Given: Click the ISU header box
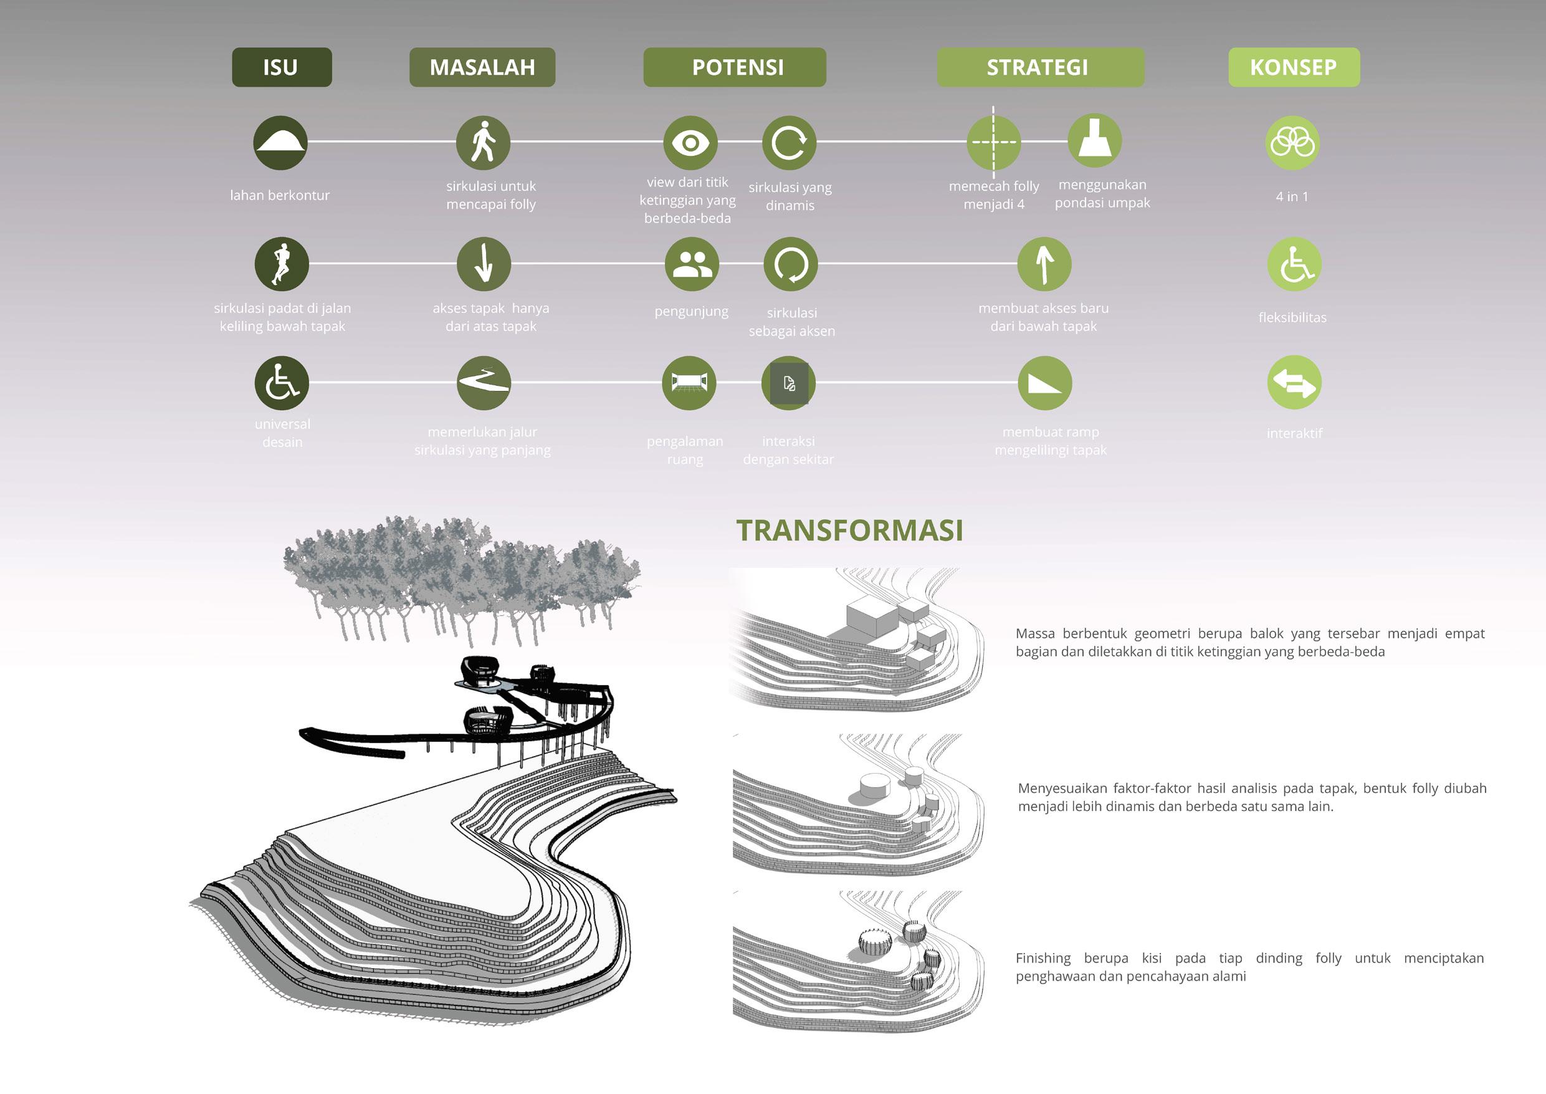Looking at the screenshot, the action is pyautogui.click(x=282, y=67).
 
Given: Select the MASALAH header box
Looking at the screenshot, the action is pyautogui.click(x=482, y=67).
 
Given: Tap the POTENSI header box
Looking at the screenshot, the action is pyautogui.click(x=735, y=67).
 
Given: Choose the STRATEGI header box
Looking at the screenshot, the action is pyautogui.click(x=1040, y=67).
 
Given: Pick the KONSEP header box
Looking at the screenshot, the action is pyautogui.click(x=1294, y=67).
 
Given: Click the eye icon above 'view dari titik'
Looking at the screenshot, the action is pyautogui.click(x=690, y=143).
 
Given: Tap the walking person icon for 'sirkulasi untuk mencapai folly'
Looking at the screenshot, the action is pyautogui.click(x=484, y=142).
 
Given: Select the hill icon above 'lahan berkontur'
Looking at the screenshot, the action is pyautogui.click(x=280, y=142).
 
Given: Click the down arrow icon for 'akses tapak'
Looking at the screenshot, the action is pyautogui.click(x=484, y=264).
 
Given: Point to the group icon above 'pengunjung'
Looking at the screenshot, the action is pyautogui.click(x=692, y=264).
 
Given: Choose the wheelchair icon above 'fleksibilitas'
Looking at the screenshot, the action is pyautogui.click(x=1294, y=264).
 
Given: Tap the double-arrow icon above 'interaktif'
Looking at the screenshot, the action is pyautogui.click(x=1294, y=383).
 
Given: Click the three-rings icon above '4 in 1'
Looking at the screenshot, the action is pyautogui.click(x=1292, y=142).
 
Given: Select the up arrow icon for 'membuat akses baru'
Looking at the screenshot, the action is pyautogui.click(x=1044, y=264).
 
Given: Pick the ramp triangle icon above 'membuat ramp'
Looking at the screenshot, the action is pyautogui.click(x=1044, y=383).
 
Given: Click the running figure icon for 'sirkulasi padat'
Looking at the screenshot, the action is pyautogui.click(x=282, y=264).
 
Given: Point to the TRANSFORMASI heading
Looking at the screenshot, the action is pyautogui.click(x=849, y=531).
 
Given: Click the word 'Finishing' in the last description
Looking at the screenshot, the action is pyautogui.click(x=1043, y=958).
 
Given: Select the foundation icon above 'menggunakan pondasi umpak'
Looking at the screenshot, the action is pyautogui.click(x=1094, y=141).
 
